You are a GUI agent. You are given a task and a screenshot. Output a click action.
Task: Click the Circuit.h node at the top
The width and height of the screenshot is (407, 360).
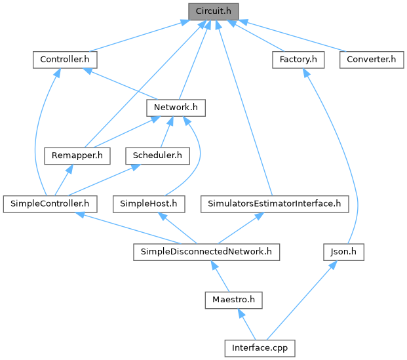point(213,11)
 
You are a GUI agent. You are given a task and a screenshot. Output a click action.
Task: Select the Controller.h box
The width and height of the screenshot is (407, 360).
point(65,60)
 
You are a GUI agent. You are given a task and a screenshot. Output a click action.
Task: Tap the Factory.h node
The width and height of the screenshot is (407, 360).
point(298,60)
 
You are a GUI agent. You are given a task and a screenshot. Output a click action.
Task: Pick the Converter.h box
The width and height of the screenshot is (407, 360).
point(371,60)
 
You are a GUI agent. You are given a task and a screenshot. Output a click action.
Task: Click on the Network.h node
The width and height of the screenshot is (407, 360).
point(176,107)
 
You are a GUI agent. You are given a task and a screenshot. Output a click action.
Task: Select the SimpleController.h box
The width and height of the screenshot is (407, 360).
point(50,203)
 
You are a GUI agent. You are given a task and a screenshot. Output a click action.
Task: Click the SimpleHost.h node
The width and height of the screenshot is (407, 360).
point(149,203)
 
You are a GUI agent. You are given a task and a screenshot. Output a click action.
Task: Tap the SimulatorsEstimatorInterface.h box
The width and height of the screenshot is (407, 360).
point(275,203)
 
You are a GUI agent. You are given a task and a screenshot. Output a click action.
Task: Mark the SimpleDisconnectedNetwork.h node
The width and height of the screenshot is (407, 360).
point(206,251)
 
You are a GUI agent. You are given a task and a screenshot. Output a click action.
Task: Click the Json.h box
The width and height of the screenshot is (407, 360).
point(343,251)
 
